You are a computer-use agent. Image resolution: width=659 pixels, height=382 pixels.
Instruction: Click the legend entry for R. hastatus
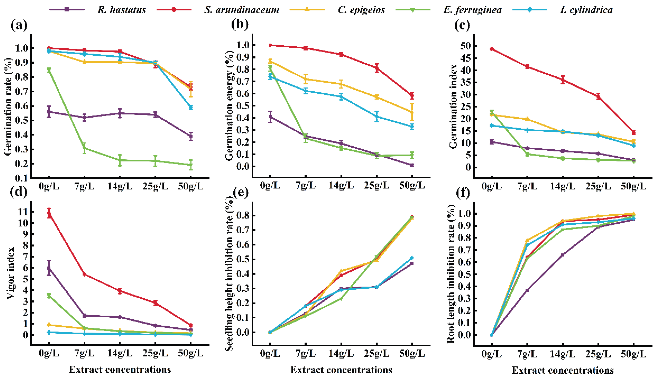click(122, 10)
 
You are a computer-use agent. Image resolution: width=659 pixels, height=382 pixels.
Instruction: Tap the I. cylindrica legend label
click(586, 10)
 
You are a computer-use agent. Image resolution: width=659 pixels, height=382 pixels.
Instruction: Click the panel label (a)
click(19, 26)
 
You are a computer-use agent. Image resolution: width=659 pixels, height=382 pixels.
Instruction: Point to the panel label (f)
click(463, 193)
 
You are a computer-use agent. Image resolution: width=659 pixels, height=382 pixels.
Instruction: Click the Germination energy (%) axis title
click(229, 106)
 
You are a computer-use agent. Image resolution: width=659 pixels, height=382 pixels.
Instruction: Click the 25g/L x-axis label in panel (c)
click(598, 186)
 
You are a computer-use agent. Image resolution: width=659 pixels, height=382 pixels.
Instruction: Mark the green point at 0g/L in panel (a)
click(49, 70)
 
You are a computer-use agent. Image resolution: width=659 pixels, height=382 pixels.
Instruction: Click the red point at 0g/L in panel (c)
click(492, 49)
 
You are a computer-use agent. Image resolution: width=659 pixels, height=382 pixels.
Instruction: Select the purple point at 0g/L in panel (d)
click(49, 268)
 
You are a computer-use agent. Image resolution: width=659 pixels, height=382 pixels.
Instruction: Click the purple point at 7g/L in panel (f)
click(527, 290)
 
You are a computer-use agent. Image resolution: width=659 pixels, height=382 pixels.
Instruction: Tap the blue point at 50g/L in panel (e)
click(412, 258)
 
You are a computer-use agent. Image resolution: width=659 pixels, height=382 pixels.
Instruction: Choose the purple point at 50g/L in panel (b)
click(412, 165)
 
